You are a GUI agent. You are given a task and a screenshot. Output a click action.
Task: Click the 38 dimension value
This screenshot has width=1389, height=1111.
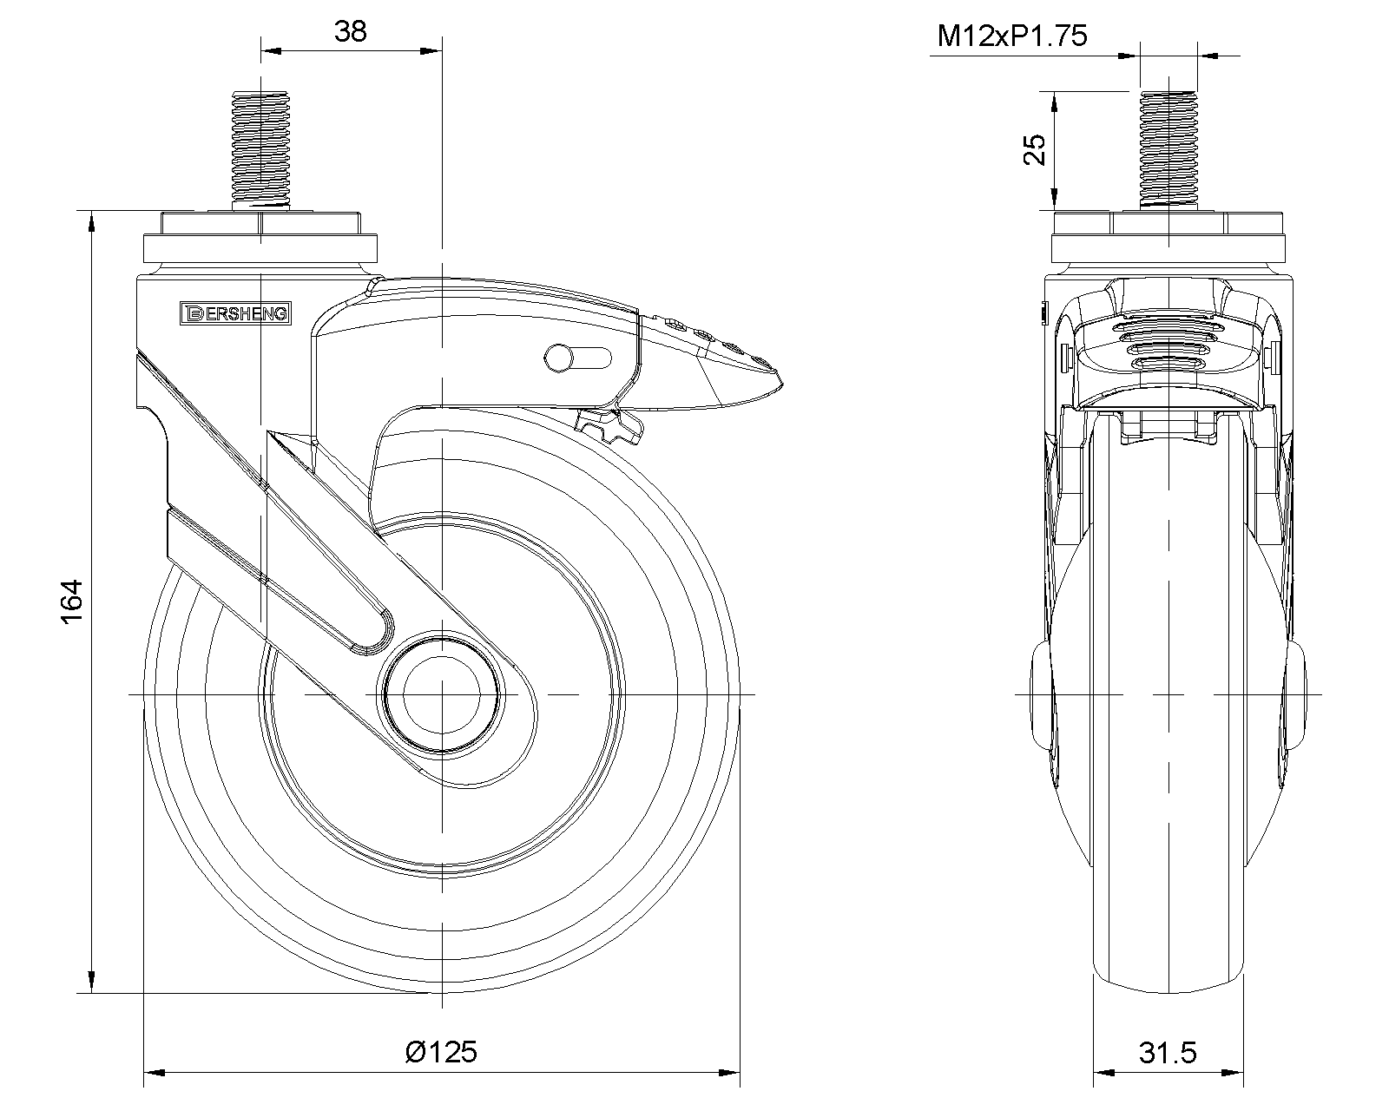pos(351,31)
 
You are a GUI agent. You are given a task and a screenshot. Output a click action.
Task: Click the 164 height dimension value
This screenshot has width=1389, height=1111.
pos(72,601)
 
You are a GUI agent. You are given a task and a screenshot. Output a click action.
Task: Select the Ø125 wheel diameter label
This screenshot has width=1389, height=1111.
pos(442,1052)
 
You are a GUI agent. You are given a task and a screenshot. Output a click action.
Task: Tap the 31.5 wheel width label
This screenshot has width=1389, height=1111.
pos(1168,1052)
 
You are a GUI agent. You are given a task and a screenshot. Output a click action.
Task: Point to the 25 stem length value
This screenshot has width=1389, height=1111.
pos(1035,150)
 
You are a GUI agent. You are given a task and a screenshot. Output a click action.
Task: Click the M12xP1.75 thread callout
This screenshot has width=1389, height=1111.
pos(1012,36)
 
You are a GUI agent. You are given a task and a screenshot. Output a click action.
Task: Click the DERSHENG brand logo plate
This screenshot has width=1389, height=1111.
pos(235,313)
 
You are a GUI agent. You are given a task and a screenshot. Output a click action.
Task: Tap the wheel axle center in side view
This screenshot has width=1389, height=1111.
pos(442,694)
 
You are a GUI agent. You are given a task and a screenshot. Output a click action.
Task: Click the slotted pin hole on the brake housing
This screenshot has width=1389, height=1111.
pos(577,358)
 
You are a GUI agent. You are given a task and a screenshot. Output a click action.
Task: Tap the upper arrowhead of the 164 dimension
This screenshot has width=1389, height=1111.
pos(92,220)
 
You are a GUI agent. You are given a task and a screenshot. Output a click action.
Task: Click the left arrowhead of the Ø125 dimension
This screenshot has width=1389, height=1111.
pos(154,1073)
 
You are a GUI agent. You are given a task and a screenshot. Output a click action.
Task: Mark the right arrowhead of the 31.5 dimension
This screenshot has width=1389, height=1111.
pos(1234,1073)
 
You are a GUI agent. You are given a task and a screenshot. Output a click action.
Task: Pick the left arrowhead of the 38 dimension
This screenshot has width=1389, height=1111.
pos(271,50)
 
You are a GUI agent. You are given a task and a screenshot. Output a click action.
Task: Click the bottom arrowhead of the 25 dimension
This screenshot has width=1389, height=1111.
pos(1054,200)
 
